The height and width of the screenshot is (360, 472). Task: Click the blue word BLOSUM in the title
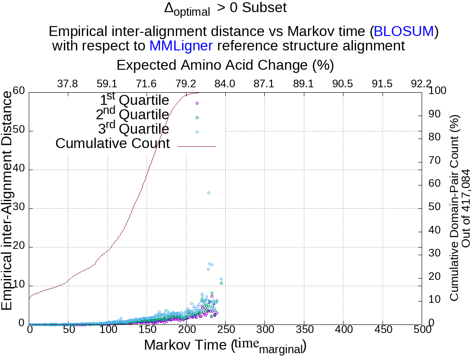point(404,31)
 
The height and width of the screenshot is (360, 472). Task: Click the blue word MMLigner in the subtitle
point(181,45)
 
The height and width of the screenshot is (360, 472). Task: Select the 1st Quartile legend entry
point(134,101)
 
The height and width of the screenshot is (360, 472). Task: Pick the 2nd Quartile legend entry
point(133,115)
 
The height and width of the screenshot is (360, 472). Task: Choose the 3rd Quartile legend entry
point(134,130)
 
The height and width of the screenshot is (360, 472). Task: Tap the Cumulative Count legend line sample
point(197,146)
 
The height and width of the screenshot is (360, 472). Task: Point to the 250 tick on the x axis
point(225,330)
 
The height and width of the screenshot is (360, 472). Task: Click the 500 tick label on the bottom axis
point(422,330)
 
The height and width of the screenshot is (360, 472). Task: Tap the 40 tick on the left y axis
point(18,170)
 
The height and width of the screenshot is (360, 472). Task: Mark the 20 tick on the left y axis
point(18,247)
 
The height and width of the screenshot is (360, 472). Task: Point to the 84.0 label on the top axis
point(225,84)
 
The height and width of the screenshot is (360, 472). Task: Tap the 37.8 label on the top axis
point(68,84)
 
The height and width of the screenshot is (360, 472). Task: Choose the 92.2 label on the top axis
point(421,84)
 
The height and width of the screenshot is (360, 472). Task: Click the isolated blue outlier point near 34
point(209,193)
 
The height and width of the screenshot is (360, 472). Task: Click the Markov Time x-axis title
point(225,346)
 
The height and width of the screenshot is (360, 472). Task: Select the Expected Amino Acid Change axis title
point(225,65)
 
